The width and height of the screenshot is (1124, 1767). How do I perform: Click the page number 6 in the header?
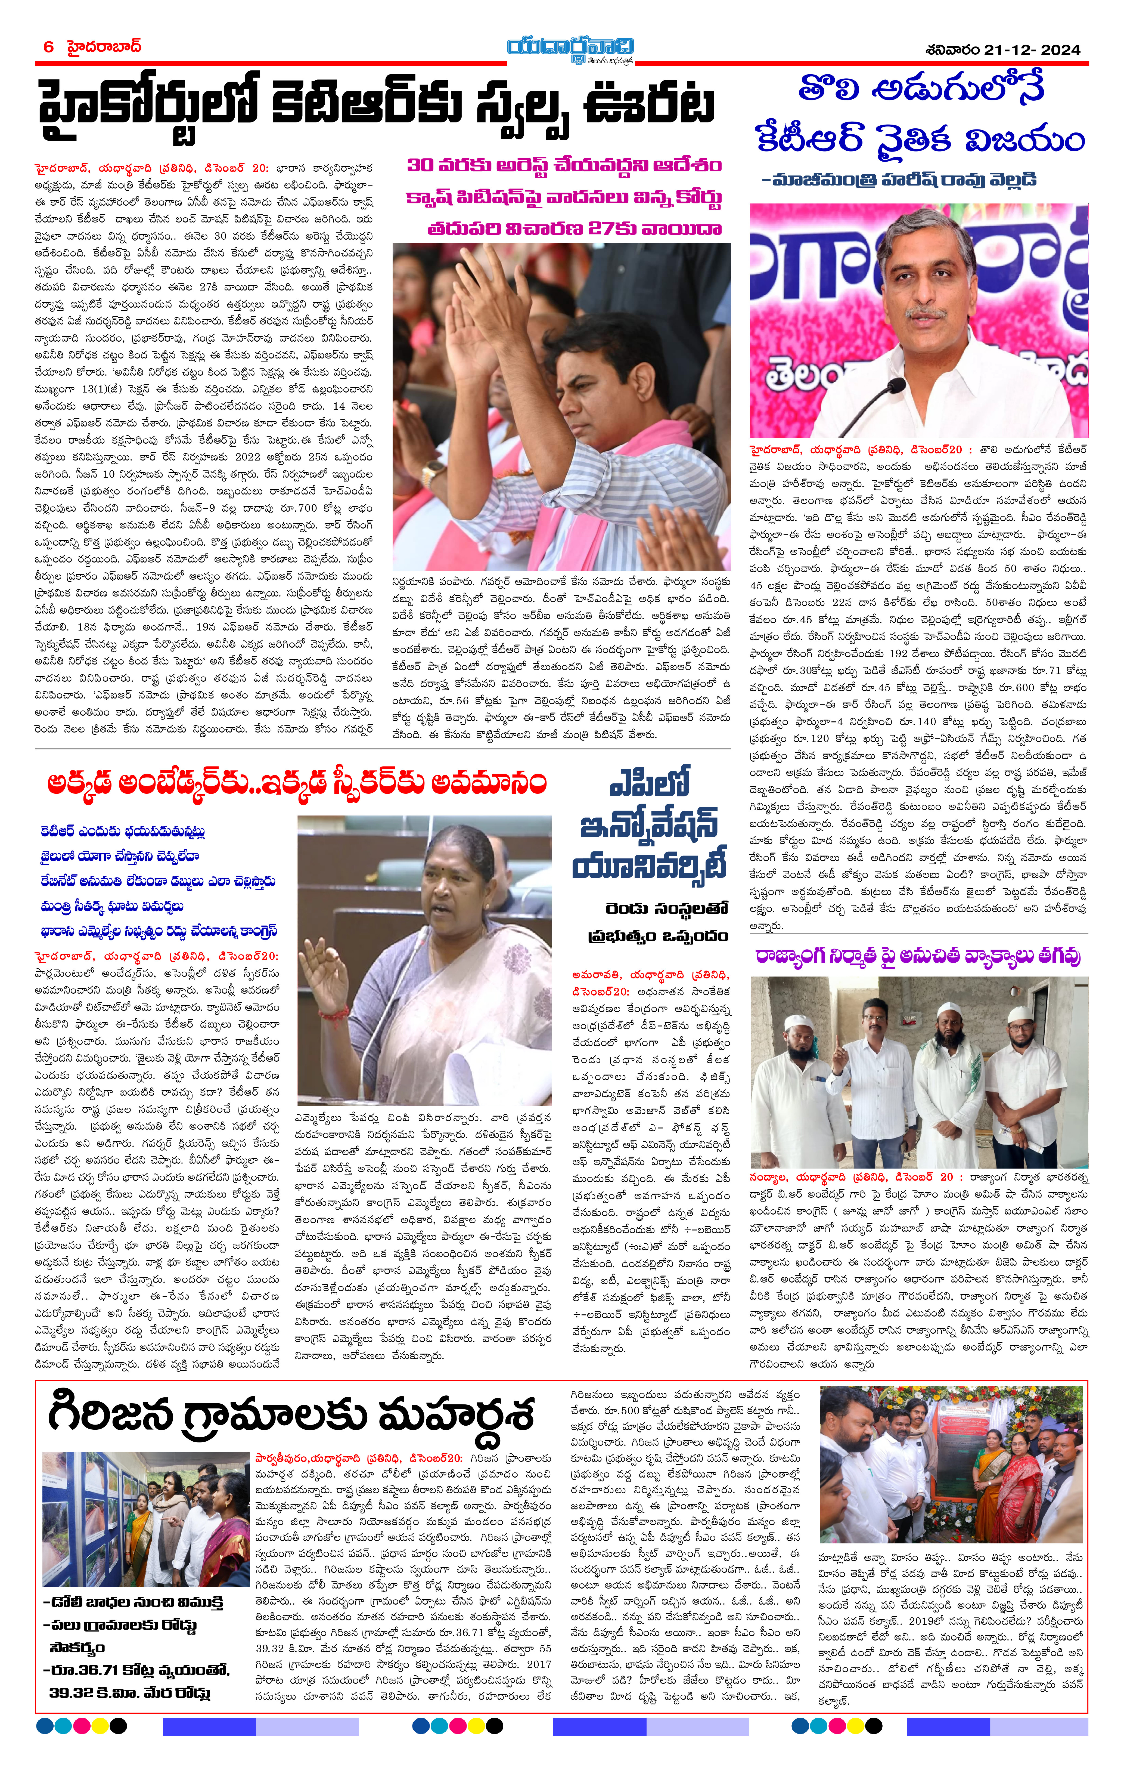click(x=48, y=47)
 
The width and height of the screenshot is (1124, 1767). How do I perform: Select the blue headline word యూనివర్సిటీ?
click(x=649, y=866)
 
